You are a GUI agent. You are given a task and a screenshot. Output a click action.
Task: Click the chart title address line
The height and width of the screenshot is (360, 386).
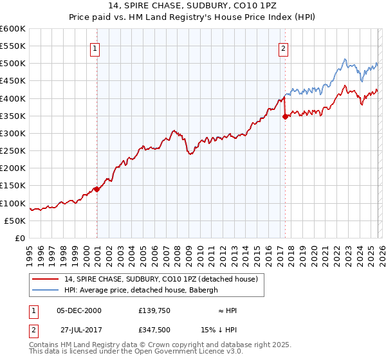pyautogui.click(x=193, y=6)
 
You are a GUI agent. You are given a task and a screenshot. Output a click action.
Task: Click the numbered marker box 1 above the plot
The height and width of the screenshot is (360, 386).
pyautogui.click(x=95, y=47)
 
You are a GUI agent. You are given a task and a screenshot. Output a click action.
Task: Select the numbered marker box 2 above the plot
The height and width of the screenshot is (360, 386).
pyautogui.click(x=283, y=47)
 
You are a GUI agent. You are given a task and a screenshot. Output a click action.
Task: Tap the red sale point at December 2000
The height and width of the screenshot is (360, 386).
pyautogui.click(x=96, y=189)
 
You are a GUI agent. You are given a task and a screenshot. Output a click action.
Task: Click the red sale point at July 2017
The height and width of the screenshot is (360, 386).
pyautogui.click(x=285, y=116)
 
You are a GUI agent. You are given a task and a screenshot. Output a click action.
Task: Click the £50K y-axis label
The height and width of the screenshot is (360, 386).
pyautogui.click(x=15, y=221)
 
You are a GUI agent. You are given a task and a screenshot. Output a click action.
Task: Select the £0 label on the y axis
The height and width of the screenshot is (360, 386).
pyautogui.click(x=19, y=238)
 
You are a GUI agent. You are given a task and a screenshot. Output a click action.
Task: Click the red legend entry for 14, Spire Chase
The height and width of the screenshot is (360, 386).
pyautogui.click(x=161, y=279)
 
